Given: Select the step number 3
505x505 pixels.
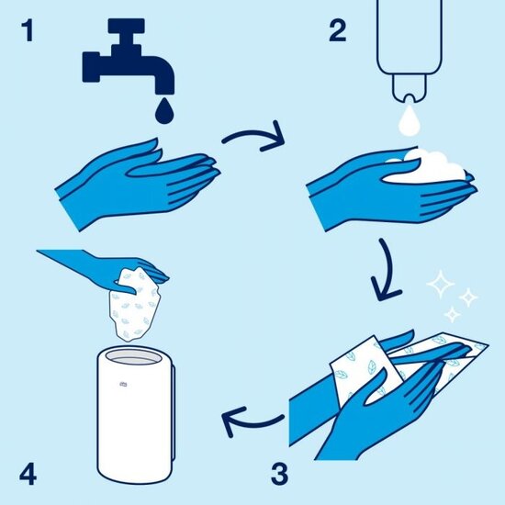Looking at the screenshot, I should pyautogui.click(x=279, y=475).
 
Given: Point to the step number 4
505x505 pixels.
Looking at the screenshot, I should pyautogui.click(x=28, y=475).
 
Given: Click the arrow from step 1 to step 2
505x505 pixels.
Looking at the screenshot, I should pyautogui.click(x=252, y=140).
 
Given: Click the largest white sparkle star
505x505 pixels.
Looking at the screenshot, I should pyautogui.click(x=443, y=286).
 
